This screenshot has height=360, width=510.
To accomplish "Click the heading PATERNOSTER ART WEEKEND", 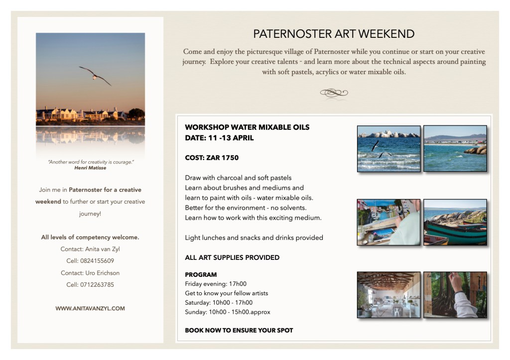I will tap(334, 34).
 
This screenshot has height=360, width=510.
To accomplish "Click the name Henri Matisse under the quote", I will tap(90, 168).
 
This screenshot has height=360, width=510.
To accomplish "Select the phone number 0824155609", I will tap(97, 261).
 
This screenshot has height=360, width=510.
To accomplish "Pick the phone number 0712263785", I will tap(97, 285).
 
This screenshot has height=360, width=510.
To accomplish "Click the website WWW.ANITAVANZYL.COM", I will tap(90, 309).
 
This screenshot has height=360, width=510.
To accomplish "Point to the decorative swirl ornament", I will tap(334, 93).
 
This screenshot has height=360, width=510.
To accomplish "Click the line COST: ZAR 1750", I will tap(212, 158).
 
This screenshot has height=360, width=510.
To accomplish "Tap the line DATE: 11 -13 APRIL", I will tap(219, 138).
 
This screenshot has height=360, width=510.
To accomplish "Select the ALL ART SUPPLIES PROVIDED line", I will tap(232, 257).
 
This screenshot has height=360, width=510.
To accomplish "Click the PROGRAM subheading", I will tap(201, 274).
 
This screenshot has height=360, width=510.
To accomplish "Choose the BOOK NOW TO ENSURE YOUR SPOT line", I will tap(239, 330).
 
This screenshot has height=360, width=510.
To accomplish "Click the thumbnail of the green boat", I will tap(455, 222).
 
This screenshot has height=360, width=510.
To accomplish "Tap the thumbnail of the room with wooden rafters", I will tap(388, 295).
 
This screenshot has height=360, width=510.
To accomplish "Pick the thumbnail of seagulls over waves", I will tap(388, 148).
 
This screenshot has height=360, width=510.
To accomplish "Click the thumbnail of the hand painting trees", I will tap(455, 295).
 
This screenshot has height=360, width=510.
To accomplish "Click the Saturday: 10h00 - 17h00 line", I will tap(219, 302).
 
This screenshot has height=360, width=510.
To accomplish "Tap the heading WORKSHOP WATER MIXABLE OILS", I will tap(247, 127).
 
